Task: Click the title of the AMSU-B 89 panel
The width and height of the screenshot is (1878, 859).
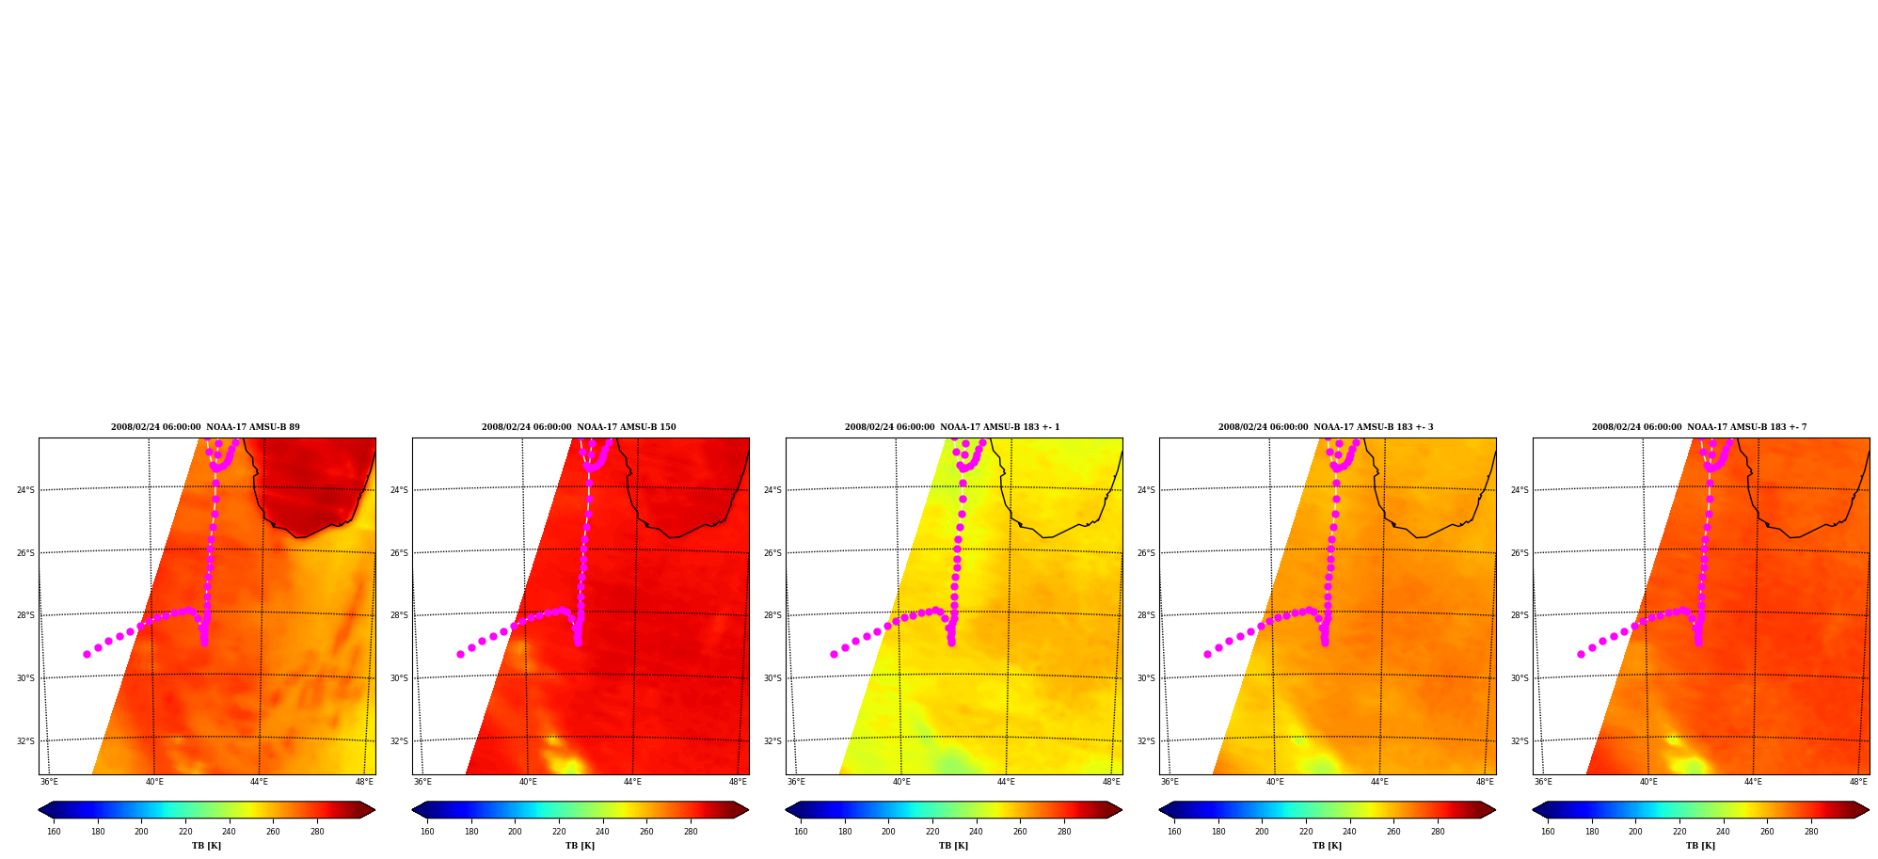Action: (205, 427)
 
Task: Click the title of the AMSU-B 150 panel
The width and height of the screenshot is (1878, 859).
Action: (579, 427)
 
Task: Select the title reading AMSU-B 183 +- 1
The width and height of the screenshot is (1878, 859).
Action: (952, 427)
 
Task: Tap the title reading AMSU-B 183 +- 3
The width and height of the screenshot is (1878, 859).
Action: (1326, 427)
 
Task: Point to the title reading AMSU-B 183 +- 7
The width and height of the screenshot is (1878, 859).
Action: (1699, 427)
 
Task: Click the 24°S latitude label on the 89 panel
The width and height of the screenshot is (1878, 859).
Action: (25, 490)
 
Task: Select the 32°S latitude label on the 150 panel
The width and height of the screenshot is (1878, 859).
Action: (399, 741)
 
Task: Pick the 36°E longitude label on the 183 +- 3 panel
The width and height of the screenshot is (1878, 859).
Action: (1170, 782)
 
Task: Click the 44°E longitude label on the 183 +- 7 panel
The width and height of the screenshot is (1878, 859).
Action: (1753, 782)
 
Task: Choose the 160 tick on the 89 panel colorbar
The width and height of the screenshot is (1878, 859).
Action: (54, 832)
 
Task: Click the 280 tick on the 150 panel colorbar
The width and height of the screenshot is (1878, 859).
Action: (691, 832)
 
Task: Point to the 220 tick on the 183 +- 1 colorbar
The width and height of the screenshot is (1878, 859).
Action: (931, 832)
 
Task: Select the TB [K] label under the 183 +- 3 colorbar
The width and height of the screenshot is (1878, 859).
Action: (1327, 846)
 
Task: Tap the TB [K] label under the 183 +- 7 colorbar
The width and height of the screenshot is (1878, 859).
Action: (1700, 846)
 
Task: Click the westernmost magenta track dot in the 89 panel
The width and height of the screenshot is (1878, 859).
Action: (87, 654)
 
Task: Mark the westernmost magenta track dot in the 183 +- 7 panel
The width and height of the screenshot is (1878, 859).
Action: (1581, 654)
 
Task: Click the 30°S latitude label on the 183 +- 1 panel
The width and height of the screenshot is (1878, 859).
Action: (772, 678)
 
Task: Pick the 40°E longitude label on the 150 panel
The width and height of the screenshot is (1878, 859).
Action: (528, 782)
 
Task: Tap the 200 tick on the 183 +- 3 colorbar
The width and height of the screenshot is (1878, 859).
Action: (1262, 832)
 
